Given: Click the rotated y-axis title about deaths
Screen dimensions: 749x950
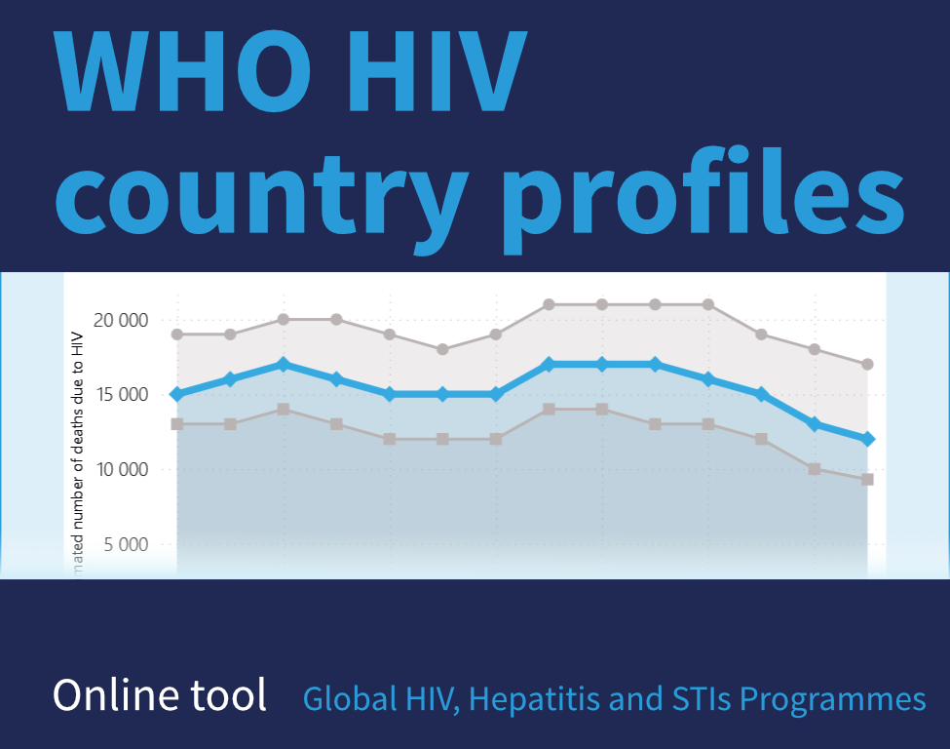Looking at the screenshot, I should (78, 449).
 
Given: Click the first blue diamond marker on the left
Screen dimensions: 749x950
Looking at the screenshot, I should (177, 394).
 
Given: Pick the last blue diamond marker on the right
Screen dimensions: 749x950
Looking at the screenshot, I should (867, 439).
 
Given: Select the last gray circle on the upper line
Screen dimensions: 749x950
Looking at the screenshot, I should (867, 364).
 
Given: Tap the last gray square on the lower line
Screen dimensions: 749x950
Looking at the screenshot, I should (867, 479).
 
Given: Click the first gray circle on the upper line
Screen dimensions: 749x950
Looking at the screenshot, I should (177, 335).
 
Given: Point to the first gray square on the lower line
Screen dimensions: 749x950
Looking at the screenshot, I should (177, 424).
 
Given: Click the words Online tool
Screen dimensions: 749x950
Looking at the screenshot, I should (160, 694).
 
